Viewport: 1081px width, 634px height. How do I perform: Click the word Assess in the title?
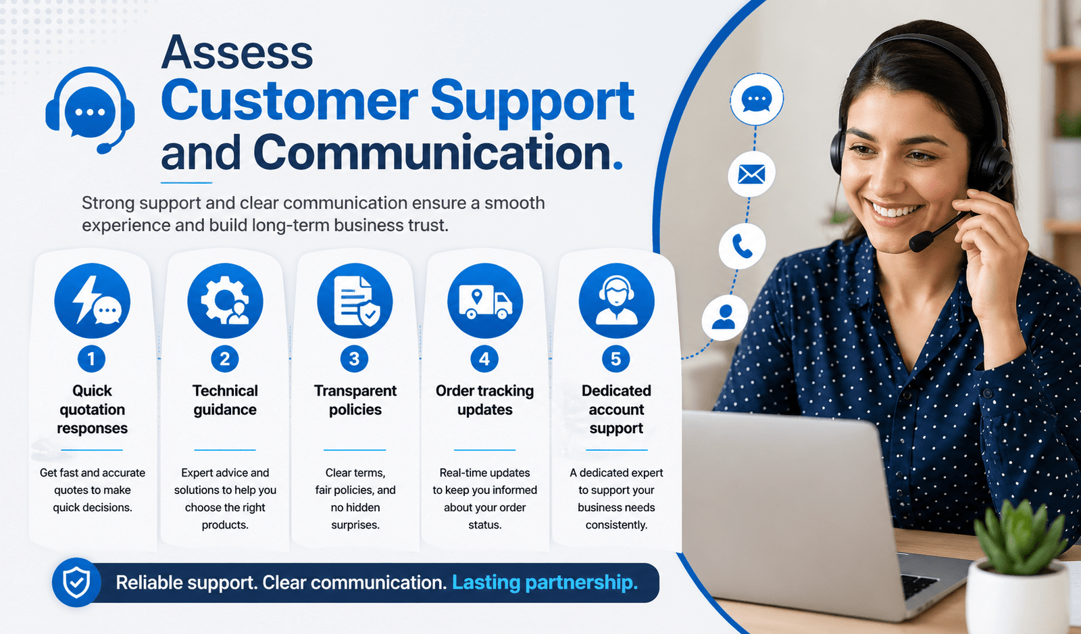[x=237, y=51]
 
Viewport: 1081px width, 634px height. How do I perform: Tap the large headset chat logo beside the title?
[x=90, y=111]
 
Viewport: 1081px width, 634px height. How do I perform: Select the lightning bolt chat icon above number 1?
[x=92, y=300]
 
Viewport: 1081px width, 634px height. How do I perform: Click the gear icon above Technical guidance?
[x=225, y=300]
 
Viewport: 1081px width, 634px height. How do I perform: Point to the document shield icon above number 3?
[x=355, y=300]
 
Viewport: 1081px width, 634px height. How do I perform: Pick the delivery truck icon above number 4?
[x=485, y=300]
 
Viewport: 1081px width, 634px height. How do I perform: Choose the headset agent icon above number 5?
[x=616, y=300]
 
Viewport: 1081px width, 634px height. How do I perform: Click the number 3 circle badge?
[x=354, y=359]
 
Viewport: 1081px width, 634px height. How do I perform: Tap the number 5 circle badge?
[x=615, y=359]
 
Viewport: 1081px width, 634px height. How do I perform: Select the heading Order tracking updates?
[x=484, y=400]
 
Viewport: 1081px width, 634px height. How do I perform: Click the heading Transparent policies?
[x=355, y=400]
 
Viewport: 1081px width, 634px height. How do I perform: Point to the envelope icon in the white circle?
[x=751, y=174]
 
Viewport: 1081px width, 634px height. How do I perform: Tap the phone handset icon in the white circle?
[x=743, y=246]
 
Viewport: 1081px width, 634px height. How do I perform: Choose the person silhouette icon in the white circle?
[x=724, y=317]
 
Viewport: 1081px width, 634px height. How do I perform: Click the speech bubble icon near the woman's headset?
[x=756, y=99]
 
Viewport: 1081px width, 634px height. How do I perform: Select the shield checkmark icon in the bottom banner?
[x=76, y=583]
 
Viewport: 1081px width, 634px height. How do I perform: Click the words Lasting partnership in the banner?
[x=545, y=583]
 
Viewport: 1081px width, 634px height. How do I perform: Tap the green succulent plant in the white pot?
[x=1019, y=535]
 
